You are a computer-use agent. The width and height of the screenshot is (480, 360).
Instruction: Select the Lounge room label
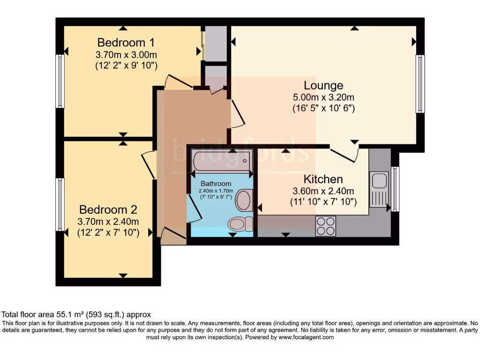(x=323, y=85)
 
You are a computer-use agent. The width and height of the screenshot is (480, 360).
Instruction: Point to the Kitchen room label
(x=323, y=179)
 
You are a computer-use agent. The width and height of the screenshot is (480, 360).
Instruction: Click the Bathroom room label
(x=216, y=184)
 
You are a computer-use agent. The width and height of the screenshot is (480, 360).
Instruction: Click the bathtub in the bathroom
(x=221, y=162)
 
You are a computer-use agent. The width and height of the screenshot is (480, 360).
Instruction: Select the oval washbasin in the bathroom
(x=244, y=200)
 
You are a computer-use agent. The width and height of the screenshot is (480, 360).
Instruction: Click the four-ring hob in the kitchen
(x=325, y=226)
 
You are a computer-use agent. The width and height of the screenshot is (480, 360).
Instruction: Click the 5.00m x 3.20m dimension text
(x=323, y=97)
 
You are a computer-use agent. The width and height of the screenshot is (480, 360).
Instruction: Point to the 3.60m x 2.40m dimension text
(x=323, y=191)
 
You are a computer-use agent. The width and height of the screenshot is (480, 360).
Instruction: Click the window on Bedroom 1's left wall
(x=60, y=81)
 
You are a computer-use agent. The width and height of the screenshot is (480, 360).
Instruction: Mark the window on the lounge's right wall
(x=420, y=84)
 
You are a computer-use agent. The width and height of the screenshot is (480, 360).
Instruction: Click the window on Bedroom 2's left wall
(x=60, y=204)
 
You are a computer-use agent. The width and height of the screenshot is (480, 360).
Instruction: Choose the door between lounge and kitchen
(x=345, y=154)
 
